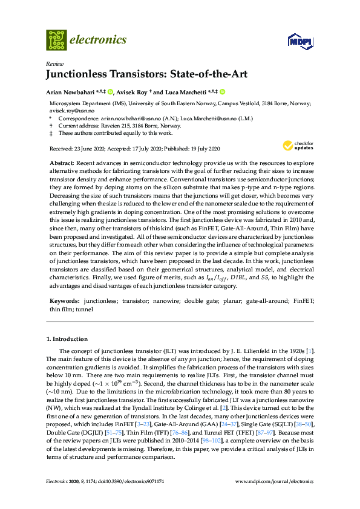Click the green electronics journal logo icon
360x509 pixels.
[x=56, y=40]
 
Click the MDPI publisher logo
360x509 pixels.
[x=298, y=42]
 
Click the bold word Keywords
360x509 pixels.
[x=63, y=300]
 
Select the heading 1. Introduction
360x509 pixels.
[x=67, y=339]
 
